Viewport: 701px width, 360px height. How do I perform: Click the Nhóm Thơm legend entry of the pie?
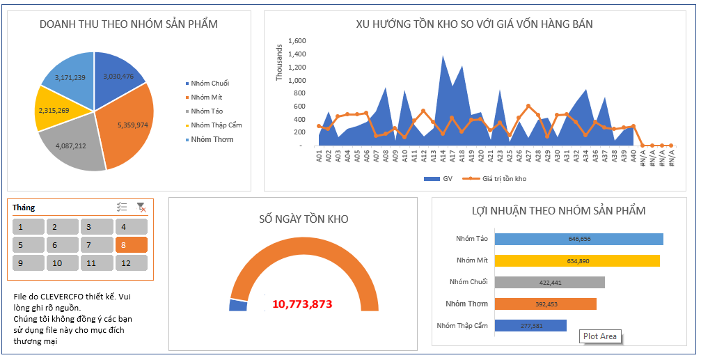[212, 139]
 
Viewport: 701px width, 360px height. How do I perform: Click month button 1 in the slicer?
[28, 227]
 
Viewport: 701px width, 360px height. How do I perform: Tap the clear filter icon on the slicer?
[141, 207]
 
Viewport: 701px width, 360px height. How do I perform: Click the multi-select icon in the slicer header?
[122, 207]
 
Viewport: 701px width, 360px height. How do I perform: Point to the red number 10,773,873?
[302, 304]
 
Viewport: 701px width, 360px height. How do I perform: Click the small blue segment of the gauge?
[238, 305]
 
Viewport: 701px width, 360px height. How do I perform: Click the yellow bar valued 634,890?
[578, 260]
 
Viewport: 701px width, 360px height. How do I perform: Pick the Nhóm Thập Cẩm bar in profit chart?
[530, 325]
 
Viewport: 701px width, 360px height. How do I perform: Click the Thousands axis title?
[280, 63]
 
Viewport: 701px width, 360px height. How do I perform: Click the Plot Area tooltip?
[599, 336]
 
